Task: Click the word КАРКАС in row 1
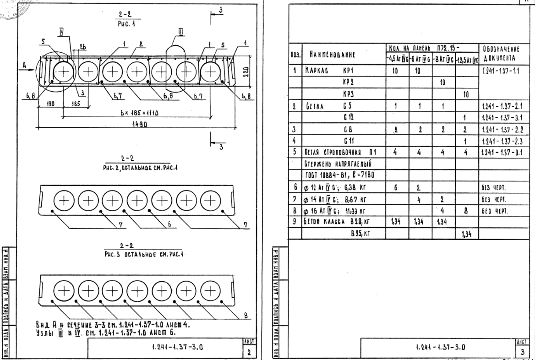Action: pyautogui.click(x=316, y=72)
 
